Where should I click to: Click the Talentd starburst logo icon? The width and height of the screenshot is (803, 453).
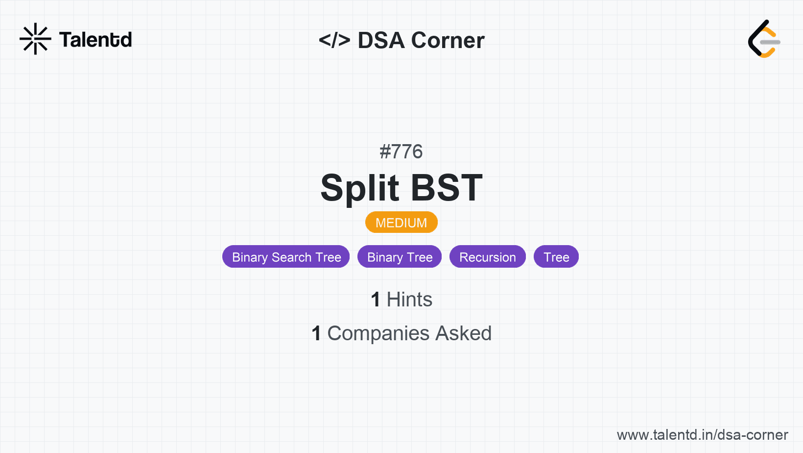(x=35, y=39)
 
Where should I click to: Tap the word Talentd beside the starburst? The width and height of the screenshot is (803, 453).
(x=95, y=40)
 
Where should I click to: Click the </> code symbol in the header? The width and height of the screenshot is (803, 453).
(x=334, y=40)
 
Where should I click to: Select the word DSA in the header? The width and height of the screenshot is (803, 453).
(x=381, y=40)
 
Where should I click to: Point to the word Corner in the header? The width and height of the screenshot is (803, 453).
(x=448, y=40)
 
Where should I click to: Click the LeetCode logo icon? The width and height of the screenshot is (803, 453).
(x=764, y=39)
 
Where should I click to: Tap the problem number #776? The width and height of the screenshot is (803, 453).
(x=401, y=151)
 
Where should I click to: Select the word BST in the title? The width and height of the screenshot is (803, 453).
(x=447, y=187)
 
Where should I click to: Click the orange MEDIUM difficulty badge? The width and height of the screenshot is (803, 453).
(x=401, y=223)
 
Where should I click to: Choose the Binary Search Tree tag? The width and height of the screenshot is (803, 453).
(x=286, y=257)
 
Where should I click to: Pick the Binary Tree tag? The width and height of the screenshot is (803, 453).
(x=400, y=257)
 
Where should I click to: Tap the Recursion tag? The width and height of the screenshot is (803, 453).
(x=488, y=257)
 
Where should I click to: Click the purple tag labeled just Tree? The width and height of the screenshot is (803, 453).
(x=556, y=257)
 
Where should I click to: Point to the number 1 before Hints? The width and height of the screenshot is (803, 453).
(x=376, y=300)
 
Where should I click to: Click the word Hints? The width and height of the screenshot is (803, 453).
(x=409, y=300)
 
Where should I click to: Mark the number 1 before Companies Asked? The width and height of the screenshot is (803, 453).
(x=316, y=333)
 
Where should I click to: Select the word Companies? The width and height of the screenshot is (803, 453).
(x=378, y=334)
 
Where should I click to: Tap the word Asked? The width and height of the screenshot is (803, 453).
(x=464, y=333)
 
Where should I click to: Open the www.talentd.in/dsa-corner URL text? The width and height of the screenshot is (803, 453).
(x=702, y=435)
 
